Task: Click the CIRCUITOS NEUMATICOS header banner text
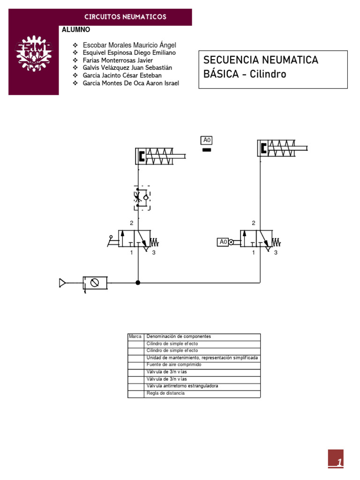click(x=125, y=17)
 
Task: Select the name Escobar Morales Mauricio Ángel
click(x=129, y=45)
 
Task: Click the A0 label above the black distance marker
click(x=207, y=140)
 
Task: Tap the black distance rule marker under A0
click(x=206, y=150)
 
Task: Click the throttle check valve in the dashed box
click(x=141, y=198)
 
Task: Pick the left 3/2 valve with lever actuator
click(x=136, y=239)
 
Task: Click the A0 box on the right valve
click(x=223, y=242)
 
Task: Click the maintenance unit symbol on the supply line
click(x=95, y=283)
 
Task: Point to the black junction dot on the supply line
click(x=138, y=283)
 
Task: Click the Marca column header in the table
click(x=135, y=337)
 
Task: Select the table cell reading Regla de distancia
click(x=165, y=393)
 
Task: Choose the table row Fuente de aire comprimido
click(x=173, y=364)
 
